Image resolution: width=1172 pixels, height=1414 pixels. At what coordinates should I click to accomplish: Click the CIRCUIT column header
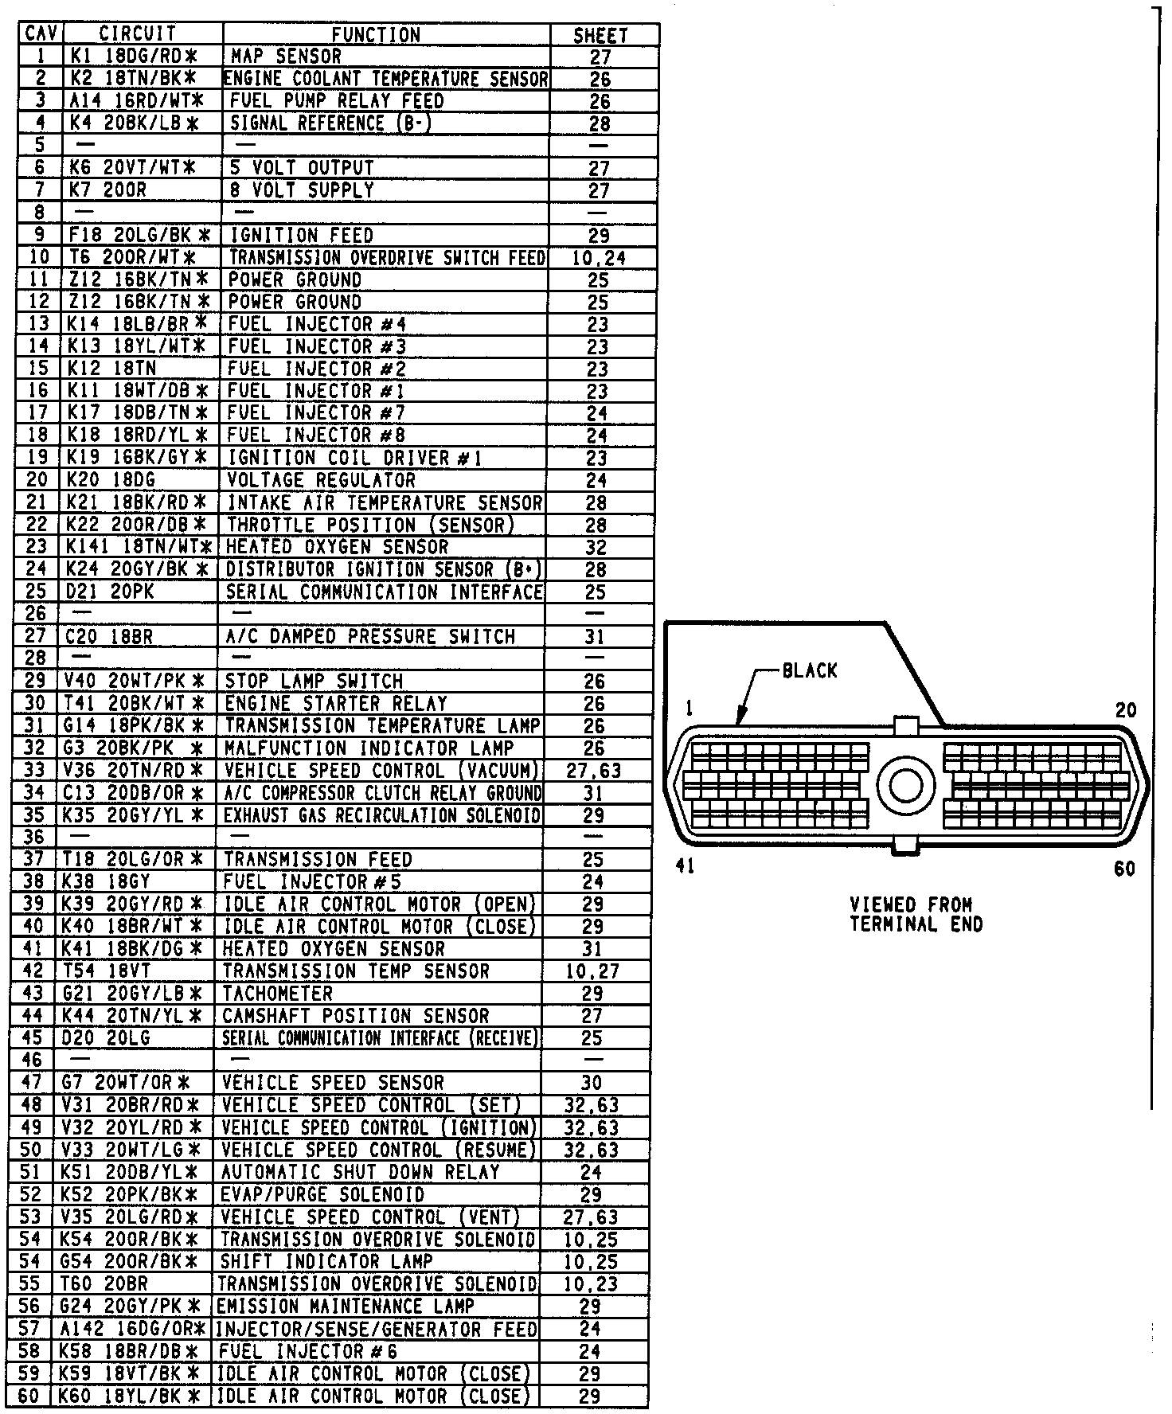[x=137, y=34]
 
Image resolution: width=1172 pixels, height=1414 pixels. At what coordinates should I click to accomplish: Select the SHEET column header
[x=600, y=36]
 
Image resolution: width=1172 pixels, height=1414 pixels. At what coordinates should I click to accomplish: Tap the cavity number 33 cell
[x=34, y=771]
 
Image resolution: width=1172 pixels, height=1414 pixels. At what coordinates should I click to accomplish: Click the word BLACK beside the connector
[x=810, y=670]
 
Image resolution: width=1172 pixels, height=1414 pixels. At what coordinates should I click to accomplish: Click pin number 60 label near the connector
[x=1124, y=869]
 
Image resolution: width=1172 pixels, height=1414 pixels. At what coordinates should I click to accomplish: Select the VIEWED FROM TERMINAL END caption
[x=916, y=915]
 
